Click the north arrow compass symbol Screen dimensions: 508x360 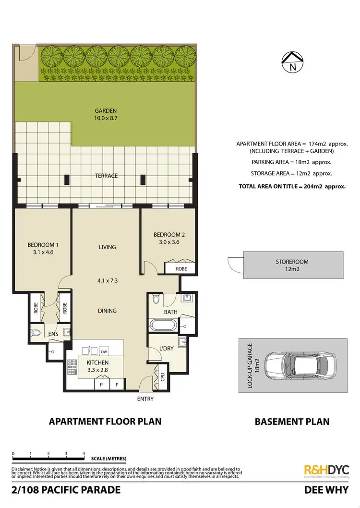click(x=293, y=62)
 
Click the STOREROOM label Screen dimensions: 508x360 click(x=292, y=262)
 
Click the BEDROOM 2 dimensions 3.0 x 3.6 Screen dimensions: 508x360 click(x=168, y=242)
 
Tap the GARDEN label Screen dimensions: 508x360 click(x=106, y=110)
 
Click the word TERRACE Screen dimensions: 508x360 click(x=106, y=176)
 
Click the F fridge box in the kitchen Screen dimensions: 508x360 click(x=116, y=385)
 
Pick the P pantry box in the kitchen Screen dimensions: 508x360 click(x=101, y=385)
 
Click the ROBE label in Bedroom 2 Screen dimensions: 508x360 click(x=181, y=269)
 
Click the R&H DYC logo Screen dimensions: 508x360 click(x=326, y=470)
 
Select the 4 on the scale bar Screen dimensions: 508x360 click(x=84, y=453)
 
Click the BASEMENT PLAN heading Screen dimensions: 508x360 click(x=292, y=422)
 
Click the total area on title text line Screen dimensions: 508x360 click(x=292, y=185)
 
